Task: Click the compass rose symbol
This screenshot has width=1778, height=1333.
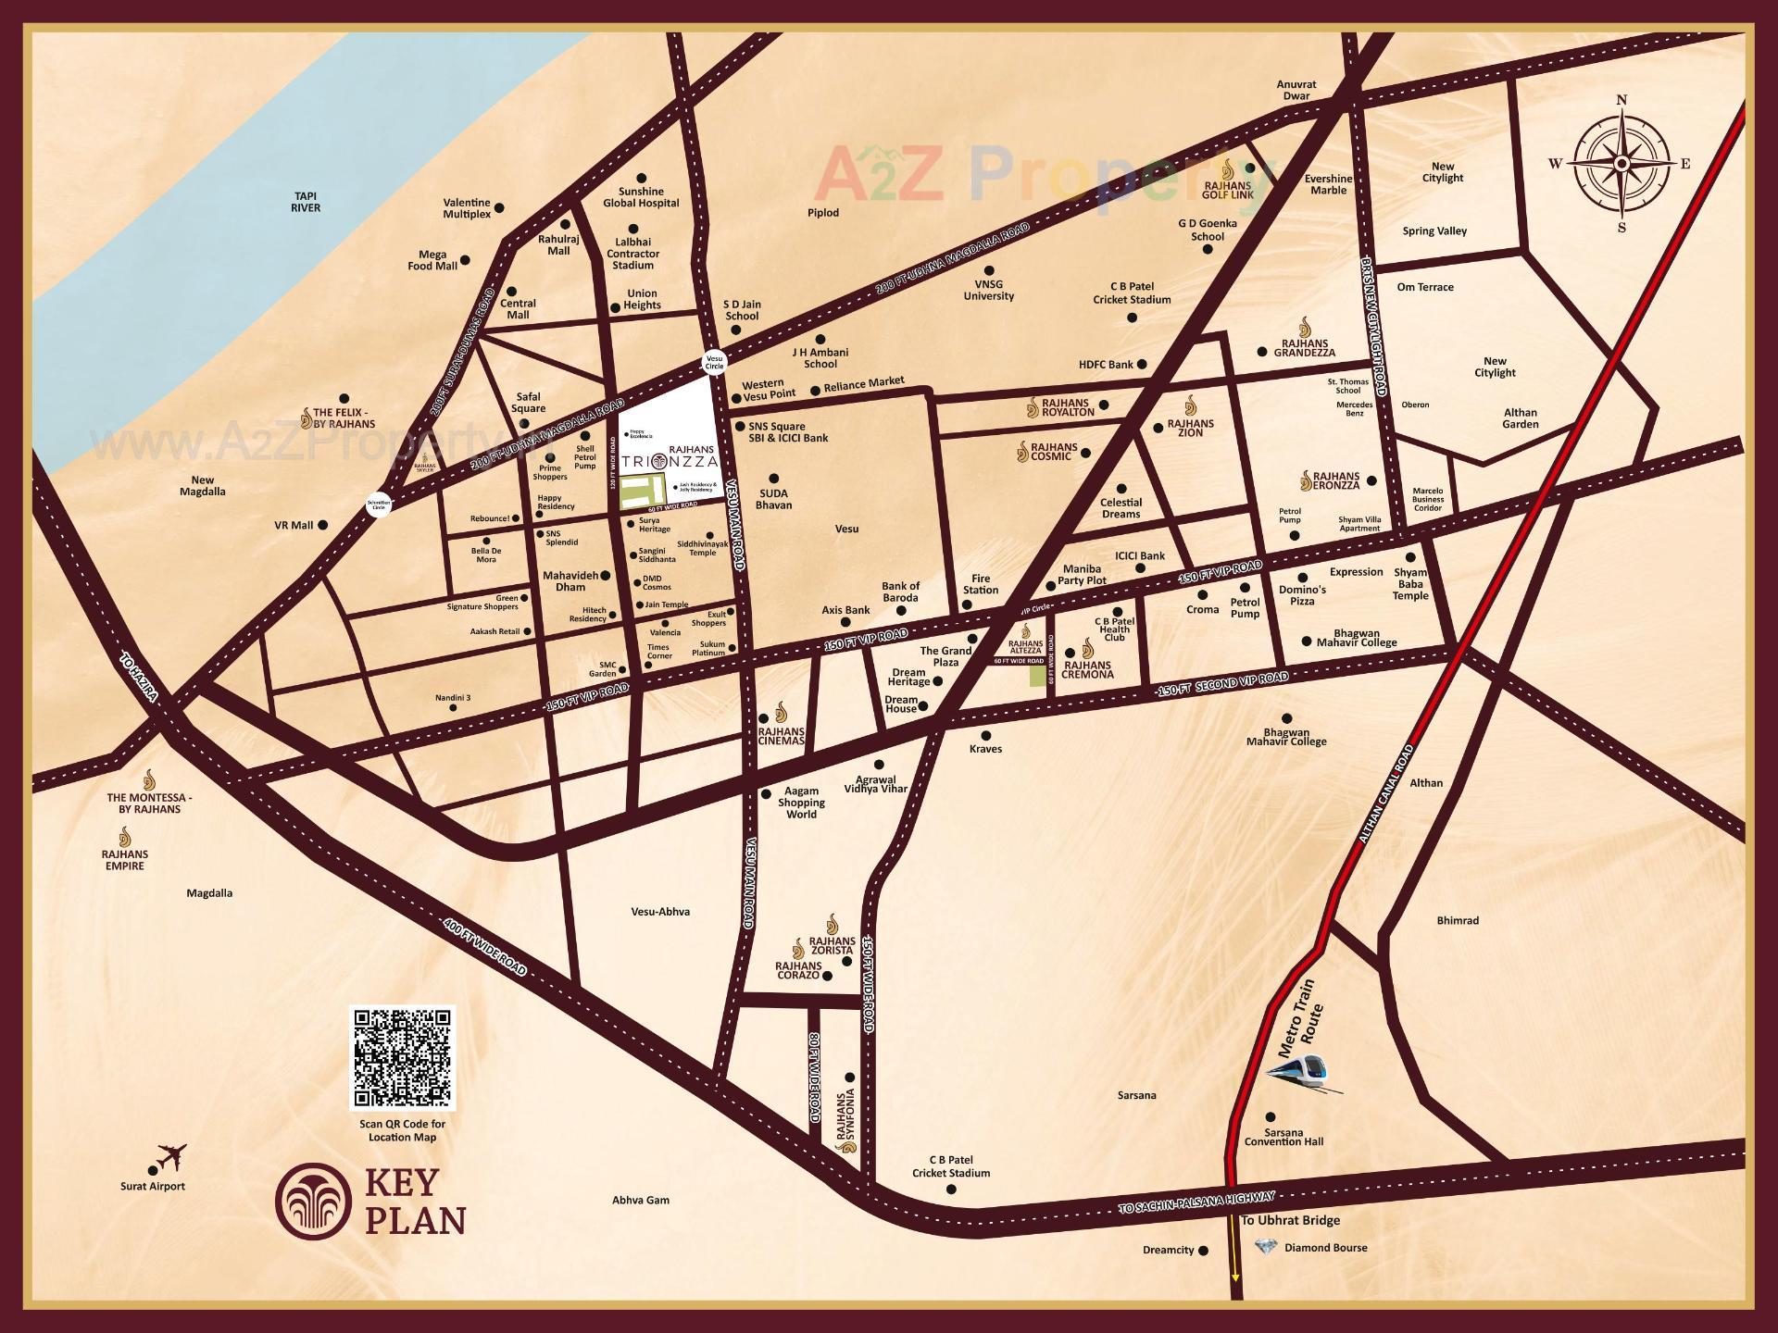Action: (x=1621, y=164)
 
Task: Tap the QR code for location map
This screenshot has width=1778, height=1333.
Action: (x=402, y=1057)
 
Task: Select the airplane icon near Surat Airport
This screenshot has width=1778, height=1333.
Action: (x=172, y=1157)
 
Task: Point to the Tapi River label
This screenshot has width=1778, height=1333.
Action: (x=306, y=202)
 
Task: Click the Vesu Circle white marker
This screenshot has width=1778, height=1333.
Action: (x=714, y=361)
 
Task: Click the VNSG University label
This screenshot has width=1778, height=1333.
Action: (x=988, y=291)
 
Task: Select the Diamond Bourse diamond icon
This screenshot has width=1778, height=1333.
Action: (x=1265, y=1247)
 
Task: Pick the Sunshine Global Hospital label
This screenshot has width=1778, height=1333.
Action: (x=641, y=197)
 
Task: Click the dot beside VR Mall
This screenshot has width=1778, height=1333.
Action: (x=323, y=525)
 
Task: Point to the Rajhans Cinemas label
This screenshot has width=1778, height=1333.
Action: (x=781, y=736)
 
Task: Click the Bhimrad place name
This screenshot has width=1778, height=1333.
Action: (x=1458, y=920)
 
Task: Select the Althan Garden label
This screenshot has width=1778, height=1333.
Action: (x=1520, y=418)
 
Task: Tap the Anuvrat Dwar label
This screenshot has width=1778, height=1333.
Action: (x=1296, y=90)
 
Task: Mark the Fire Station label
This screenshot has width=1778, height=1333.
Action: (x=980, y=584)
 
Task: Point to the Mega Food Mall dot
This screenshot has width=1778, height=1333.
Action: (x=465, y=261)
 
